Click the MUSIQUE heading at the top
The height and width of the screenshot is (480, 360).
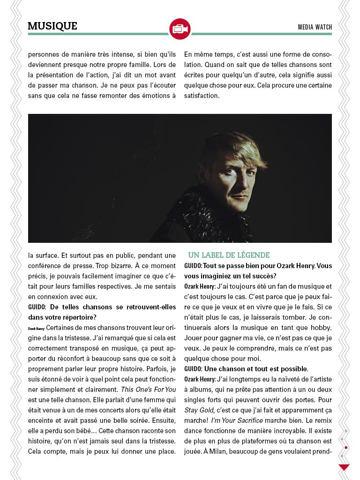[x=52, y=26]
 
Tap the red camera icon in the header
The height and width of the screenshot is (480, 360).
[x=180, y=29]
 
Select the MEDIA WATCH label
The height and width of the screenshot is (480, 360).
[x=315, y=27]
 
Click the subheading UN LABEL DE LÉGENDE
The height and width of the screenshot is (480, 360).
[x=229, y=255]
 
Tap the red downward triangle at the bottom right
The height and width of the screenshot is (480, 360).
[x=344, y=467]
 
